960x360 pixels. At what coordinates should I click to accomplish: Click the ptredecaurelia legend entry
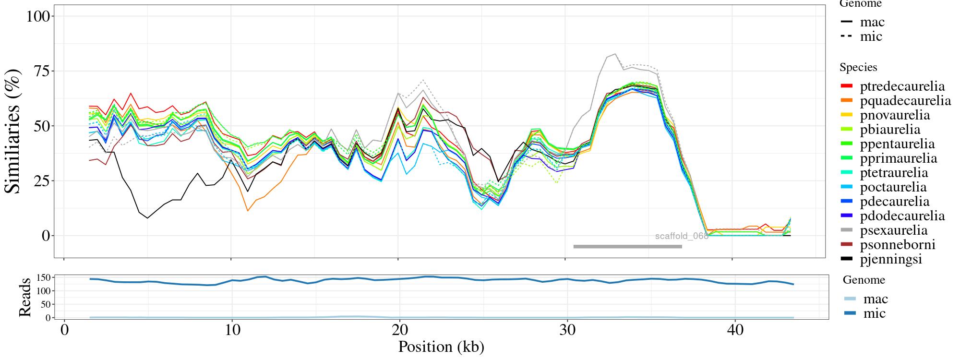click(902, 86)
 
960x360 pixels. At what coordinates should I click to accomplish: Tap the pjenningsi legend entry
click(891, 259)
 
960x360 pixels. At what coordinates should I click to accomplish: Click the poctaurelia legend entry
click(893, 187)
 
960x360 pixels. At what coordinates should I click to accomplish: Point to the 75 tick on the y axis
click(43, 71)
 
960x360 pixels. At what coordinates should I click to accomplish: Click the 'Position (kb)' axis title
click(441, 347)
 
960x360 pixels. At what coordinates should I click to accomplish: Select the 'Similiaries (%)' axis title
click(13, 131)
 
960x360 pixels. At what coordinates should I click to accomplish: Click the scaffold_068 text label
click(682, 236)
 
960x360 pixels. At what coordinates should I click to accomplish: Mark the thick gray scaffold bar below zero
click(627, 247)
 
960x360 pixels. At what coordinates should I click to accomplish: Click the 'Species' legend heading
click(858, 68)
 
